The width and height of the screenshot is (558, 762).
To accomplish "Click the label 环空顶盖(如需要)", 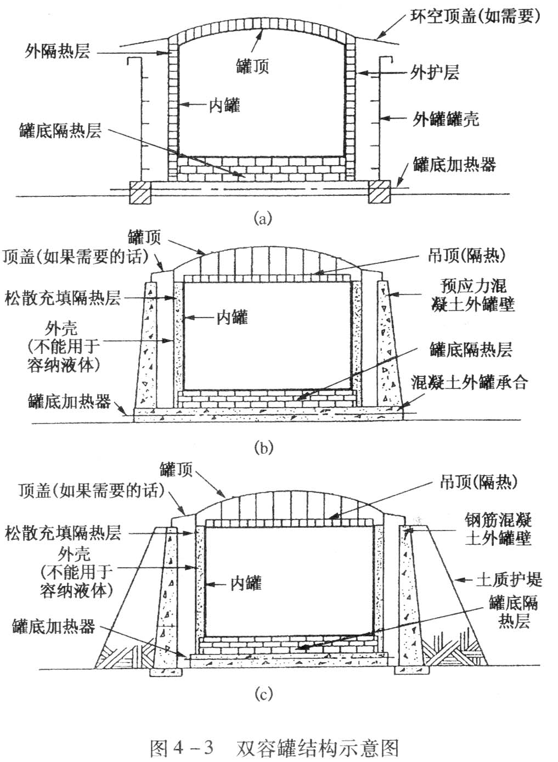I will coord(476,16).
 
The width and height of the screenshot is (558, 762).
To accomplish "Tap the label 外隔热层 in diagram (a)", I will coord(57,52).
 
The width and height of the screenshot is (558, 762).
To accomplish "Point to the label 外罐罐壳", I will coord(445,118).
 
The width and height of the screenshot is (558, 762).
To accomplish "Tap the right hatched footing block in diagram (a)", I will coord(379,193).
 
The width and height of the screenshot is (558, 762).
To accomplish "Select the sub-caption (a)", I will coord(262,219).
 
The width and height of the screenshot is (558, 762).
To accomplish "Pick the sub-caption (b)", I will coord(262,447).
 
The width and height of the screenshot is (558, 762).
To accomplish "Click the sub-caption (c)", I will coord(262,694).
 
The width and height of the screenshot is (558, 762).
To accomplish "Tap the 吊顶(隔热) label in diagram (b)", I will coord(466,255).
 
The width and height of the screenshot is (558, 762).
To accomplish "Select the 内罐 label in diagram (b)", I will coord(232,317).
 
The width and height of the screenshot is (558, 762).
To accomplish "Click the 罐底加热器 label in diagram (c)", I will coord(53,626).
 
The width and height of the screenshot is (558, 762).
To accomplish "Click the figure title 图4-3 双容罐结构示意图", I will coord(274,747).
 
